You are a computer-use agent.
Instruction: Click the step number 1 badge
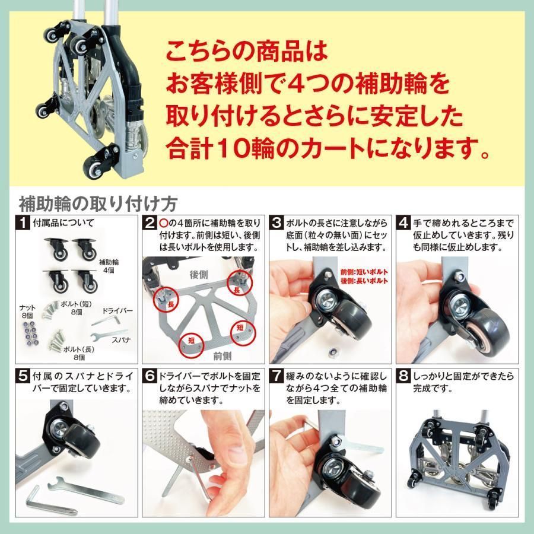tap(23, 223)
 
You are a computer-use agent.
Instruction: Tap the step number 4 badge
tap(403, 223)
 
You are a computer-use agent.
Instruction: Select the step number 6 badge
tap(150, 376)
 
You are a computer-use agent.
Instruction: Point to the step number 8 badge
tap(403, 376)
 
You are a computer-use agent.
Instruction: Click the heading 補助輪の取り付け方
tap(98, 204)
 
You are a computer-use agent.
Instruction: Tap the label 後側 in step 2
tap(199, 275)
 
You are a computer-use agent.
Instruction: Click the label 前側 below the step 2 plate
tap(222, 356)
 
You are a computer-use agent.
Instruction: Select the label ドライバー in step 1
tap(117, 310)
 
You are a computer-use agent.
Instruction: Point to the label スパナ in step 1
tap(121, 339)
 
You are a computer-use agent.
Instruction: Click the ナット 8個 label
tap(27, 311)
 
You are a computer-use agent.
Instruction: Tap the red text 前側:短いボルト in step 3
tap(364, 272)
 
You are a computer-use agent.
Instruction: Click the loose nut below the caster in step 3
tap(332, 352)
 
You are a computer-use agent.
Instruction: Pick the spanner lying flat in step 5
tap(85, 490)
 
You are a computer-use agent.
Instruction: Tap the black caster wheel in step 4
tap(487, 328)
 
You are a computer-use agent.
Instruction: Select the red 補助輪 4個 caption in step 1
tap(109, 266)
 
